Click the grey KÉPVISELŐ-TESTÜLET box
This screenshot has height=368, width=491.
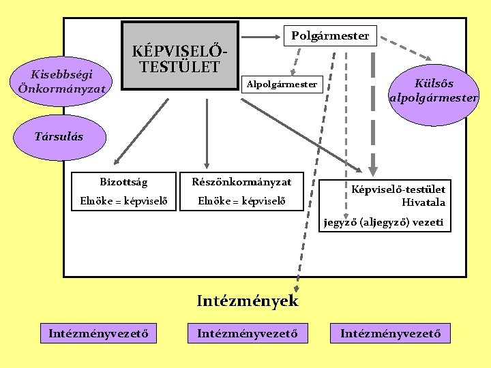(x=180, y=57)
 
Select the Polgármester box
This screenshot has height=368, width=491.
(x=330, y=35)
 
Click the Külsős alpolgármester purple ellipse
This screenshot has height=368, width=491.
(x=434, y=90)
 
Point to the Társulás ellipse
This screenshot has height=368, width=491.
(x=59, y=136)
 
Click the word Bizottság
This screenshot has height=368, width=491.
(x=123, y=182)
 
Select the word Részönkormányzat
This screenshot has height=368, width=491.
(x=242, y=182)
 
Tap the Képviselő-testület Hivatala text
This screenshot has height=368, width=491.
(x=399, y=196)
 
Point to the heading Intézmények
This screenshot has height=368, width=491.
(x=247, y=301)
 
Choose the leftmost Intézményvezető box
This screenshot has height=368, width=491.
(x=99, y=333)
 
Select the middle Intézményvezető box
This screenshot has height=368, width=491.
(x=248, y=333)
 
